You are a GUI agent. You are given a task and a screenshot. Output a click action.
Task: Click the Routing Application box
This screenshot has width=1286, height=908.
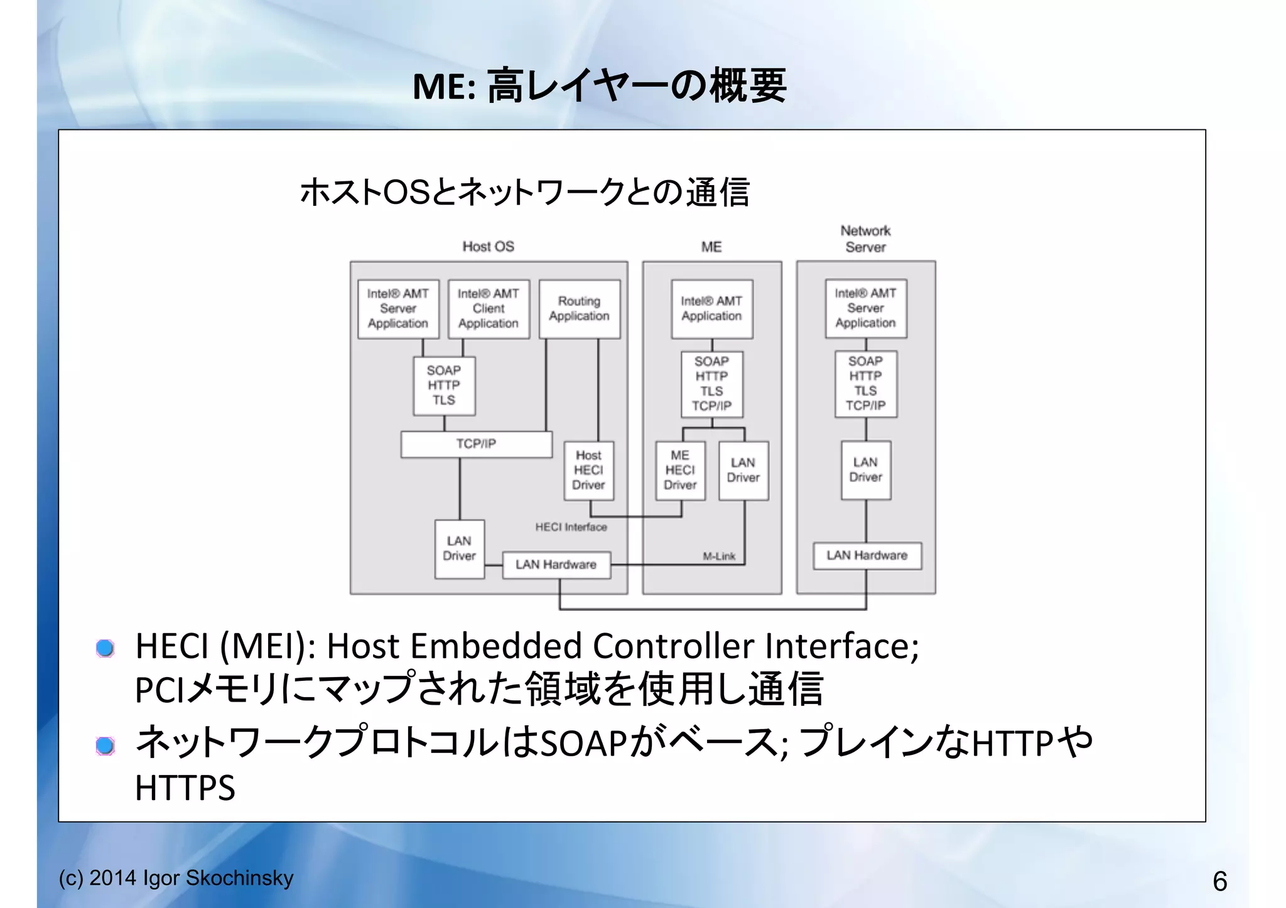(x=579, y=309)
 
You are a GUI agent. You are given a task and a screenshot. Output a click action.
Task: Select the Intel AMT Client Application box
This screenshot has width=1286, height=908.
(x=489, y=309)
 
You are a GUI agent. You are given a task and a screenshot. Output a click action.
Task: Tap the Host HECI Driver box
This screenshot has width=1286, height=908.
(x=588, y=470)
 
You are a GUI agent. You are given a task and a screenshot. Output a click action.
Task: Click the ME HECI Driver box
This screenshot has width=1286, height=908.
(x=680, y=470)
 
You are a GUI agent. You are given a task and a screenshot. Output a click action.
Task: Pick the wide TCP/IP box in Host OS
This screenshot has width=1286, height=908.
(x=476, y=444)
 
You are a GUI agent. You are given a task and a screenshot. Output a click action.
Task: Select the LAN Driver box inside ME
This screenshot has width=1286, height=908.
(x=743, y=470)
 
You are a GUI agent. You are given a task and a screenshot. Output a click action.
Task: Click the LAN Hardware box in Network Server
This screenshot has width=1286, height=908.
(x=867, y=555)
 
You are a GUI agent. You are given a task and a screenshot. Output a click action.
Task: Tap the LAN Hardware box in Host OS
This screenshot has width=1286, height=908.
(x=556, y=565)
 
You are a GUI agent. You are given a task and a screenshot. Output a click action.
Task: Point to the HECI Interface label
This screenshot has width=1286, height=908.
(x=571, y=527)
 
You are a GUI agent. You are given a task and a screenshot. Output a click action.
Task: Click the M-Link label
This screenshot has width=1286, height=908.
(x=719, y=556)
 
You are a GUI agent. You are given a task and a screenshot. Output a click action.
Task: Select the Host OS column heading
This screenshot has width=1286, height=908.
(x=488, y=247)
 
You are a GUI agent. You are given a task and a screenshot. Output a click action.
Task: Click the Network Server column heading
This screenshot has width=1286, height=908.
(x=865, y=239)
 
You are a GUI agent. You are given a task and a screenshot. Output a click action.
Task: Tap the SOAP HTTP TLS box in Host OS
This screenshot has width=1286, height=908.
(x=444, y=385)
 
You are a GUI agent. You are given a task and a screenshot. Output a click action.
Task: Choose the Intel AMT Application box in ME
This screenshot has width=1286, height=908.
(x=711, y=309)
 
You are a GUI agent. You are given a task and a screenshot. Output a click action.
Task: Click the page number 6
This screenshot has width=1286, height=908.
(x=1219, y=881)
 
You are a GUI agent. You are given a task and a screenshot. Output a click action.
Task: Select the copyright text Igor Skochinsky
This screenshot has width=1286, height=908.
(x=218, y=878)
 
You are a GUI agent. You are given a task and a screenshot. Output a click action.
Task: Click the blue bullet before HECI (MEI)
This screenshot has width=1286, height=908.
(x=105, y=648)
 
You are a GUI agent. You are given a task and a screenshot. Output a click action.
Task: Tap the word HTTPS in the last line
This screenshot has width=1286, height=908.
(x=185, y=788)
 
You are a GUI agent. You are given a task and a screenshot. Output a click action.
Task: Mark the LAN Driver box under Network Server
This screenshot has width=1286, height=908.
(x=865, y=470)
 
